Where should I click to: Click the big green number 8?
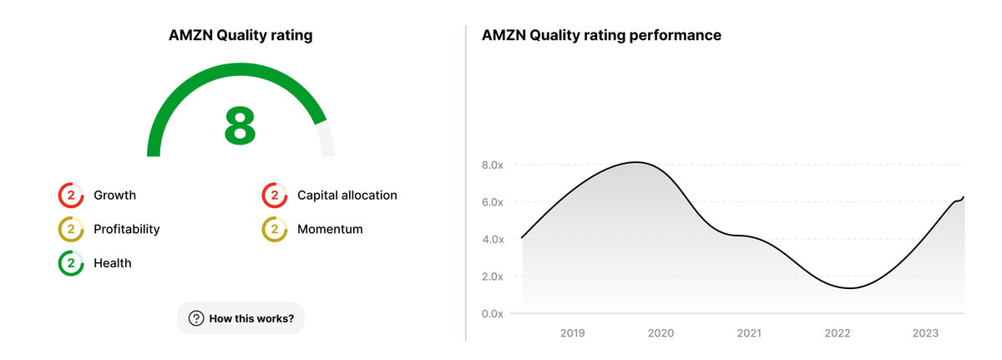pyautogui.click(x=240, y=126)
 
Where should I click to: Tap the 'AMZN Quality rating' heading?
pyautogui.click(x=240, y=36)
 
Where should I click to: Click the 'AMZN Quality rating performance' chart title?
pyautogui.click(x=601, y=36)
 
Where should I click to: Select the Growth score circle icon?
pyautogui.click(x=71, y=195)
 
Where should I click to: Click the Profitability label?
pyautogui.click(x=126, y=229)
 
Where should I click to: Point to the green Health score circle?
pyautogui.click(x=71, y=263)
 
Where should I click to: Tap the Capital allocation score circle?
pyautogui.click(x=275, y=195)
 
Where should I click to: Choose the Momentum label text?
pyautogui.click(x=330, y=229)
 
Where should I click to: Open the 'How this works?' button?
pyautogui.click(x=240, y=318)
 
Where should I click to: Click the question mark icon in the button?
pyautogui.click(x=196, y=318)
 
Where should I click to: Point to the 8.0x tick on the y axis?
pyautogui.click(x=493, y=165)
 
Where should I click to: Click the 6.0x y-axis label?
pyautogui.click(x=493, y=202)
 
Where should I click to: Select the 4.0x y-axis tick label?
pyautogui.click(x=493, y=240)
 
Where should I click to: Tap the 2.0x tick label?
pyautogui.click(x=493, y=276)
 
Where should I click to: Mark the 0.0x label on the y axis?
pyautogui.click(x=493, y=314)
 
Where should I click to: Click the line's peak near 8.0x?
pyautogui.click(x=635, y=162)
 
